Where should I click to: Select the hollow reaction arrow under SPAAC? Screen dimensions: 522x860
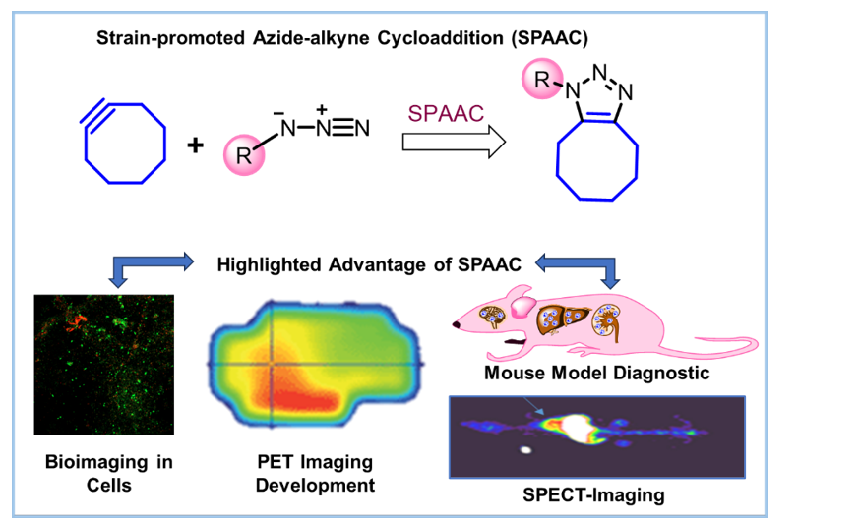pyautogui.click(x=454, y=144)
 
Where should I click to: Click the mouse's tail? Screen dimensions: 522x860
pyautogui.click(x=728, y=344)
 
